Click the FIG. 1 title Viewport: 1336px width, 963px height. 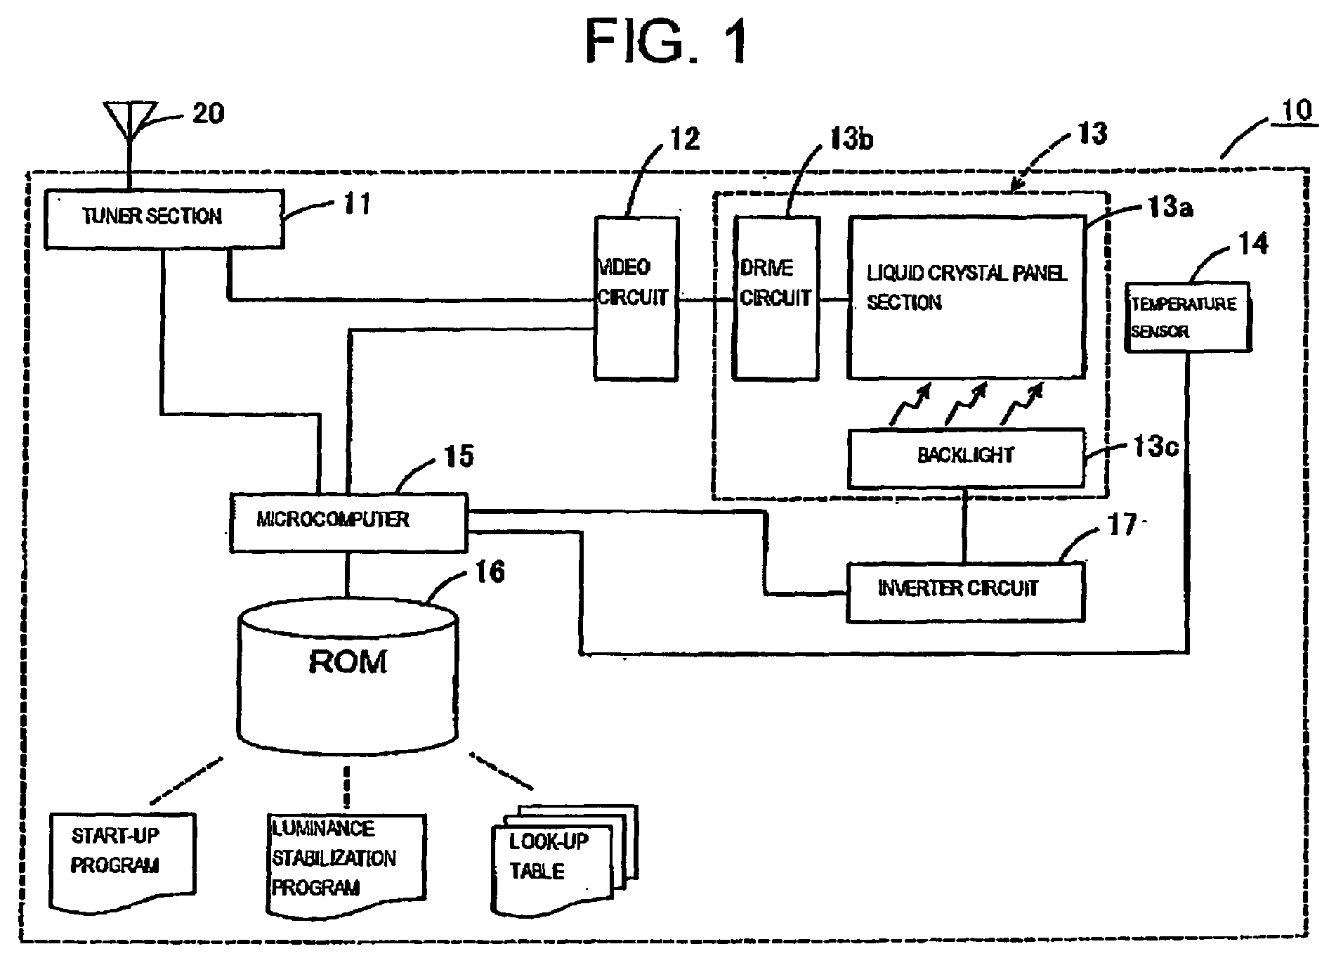(x=668, y=41)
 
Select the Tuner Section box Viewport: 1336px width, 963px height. (x=164, y=219)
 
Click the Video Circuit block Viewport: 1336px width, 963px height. (x=636, y=298)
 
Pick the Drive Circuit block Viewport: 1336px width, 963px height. (x=776, y=298)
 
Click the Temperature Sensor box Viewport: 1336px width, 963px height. (x=1188, y=317)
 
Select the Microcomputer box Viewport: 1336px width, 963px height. (x=348, y=522)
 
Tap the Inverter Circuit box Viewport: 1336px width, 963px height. (x=965, y=591)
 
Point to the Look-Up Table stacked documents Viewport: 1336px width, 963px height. (x=565, y=859)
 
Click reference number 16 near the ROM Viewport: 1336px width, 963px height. (x=490, y=571)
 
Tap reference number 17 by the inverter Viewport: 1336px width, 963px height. (x=1122, y=525)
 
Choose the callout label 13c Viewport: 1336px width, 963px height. (x=1155, y=447)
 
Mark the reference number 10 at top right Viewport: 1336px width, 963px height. (x=1295, y=111)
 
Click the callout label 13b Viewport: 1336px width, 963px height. (x=851, y=139)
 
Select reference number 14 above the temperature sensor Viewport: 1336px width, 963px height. (x=1252, y=244)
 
